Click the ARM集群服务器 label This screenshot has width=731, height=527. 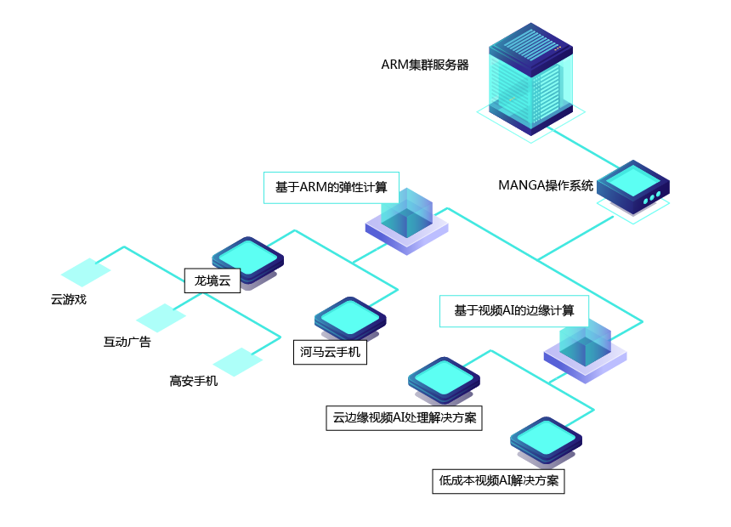[x=424, y=65]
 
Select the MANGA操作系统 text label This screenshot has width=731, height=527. [x=546, y=185]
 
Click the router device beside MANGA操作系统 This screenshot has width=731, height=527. [x=633, y=189]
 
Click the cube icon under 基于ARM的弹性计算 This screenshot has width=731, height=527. [x=406, y=218]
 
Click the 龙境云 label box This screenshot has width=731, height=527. [x=212, y=280]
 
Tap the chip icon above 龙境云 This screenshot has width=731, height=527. [x=246, y=257]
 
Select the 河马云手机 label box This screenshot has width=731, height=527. [x=331, y=351]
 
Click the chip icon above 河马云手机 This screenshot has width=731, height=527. [x=350, y=317]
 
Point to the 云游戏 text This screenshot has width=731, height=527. [x=69, y=299]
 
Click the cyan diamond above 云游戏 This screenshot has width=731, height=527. [x=86, y=272]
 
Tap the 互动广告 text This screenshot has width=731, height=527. [x=127, y=342]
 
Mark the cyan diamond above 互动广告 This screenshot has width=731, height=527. [x=161, y=317]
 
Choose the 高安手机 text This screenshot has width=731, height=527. [x=194, y=381]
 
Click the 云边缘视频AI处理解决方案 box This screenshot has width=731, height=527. [x=404, y=417]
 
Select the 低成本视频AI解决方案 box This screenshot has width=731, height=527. [x=499, y=480]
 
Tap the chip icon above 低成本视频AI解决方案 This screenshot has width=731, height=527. [x=546, y=439]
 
